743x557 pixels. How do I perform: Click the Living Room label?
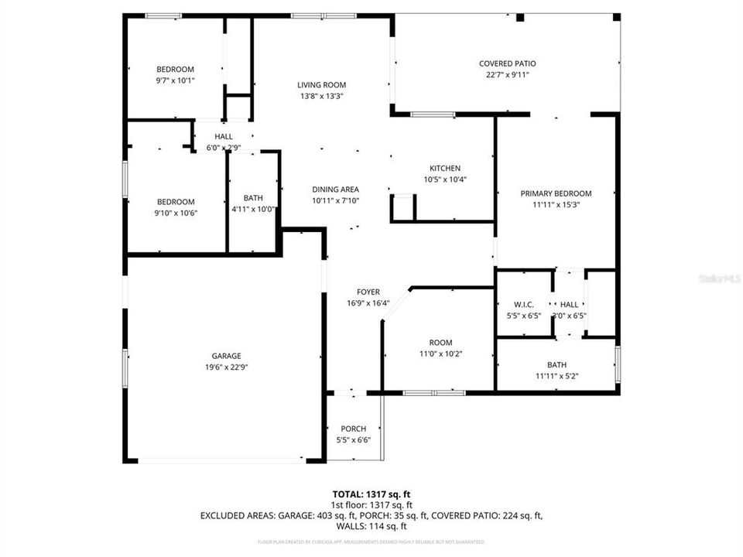[x=321, y=85]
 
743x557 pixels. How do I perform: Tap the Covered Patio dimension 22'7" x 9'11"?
[x=507, y=75]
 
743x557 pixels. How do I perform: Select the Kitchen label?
[x=445, y=169]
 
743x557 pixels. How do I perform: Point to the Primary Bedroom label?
[x=556, y=193]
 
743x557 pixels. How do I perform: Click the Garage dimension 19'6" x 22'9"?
[x=221, y=367]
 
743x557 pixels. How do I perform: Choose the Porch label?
[x=354, y=429]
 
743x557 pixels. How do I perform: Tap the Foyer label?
[x=368, y=292]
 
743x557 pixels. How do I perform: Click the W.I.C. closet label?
[x=524, y=305]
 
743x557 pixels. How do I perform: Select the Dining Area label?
[x=335, y=190]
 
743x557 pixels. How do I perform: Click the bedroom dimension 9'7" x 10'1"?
[x=175, y=80]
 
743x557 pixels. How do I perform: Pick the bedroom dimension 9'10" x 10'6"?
[x=175, y=213]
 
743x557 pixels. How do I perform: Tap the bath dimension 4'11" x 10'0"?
[x=253, y=209]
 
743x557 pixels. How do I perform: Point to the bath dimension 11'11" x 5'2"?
[x=556, y=376]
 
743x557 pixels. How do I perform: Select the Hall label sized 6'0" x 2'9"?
[x=224, y=136]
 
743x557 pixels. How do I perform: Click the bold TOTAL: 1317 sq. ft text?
[x=371, y=493]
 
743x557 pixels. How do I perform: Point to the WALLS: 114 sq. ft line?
[x=371, y=525]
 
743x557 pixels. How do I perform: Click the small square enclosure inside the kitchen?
[x=404, y=207]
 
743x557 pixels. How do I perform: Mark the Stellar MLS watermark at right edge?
[x=719, y=276]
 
